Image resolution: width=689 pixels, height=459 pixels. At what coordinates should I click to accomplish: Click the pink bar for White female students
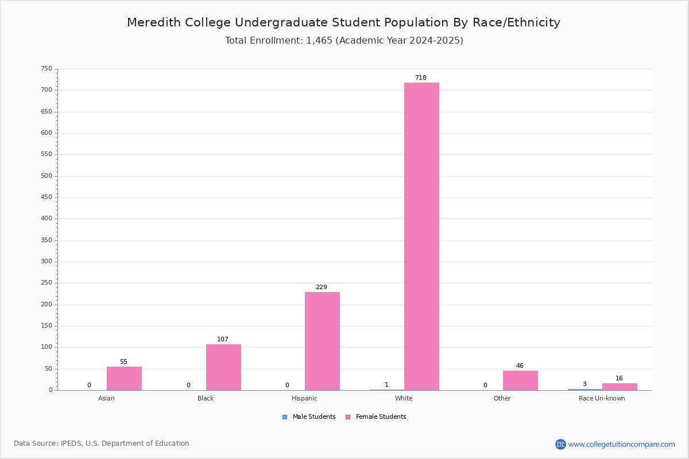tap(421, 236)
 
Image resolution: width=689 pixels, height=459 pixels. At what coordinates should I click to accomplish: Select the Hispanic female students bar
tap(322, 341)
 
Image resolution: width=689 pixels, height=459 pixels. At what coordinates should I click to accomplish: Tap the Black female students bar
tap(223, 367)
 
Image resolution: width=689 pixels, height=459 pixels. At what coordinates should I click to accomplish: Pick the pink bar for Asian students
tap(124, 379)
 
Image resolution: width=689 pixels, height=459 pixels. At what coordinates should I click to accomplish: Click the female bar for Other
tap(520, 380)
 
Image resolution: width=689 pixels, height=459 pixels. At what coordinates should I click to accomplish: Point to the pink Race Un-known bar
tap(620, 387)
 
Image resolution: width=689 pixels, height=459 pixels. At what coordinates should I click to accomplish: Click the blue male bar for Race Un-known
tap(585, 390)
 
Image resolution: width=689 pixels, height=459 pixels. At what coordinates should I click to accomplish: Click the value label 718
tap(421, 77)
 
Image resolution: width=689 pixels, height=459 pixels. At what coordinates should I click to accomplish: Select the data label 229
tap(322, 287)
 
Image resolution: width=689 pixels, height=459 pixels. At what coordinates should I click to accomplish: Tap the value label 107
tap(223, 339)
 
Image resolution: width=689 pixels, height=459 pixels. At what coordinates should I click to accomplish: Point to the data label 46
tap(520, 365)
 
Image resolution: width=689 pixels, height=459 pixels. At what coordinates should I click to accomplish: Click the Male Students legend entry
tap(309, 417)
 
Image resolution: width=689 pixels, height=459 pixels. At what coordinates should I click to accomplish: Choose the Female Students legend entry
tap(376, 417)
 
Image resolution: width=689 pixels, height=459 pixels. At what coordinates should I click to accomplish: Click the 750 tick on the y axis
tap(47, 68)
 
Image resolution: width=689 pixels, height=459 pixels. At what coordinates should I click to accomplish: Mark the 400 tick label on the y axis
tap(47, 219)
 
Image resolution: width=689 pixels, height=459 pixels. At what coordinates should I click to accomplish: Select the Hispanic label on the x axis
tap(304, 398)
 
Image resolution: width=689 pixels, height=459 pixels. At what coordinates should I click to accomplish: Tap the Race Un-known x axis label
tap(602, 398)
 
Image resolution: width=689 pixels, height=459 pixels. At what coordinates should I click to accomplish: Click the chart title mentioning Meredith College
tap(343, 22)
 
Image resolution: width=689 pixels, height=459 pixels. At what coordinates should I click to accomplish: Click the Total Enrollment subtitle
tap(344, 41)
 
